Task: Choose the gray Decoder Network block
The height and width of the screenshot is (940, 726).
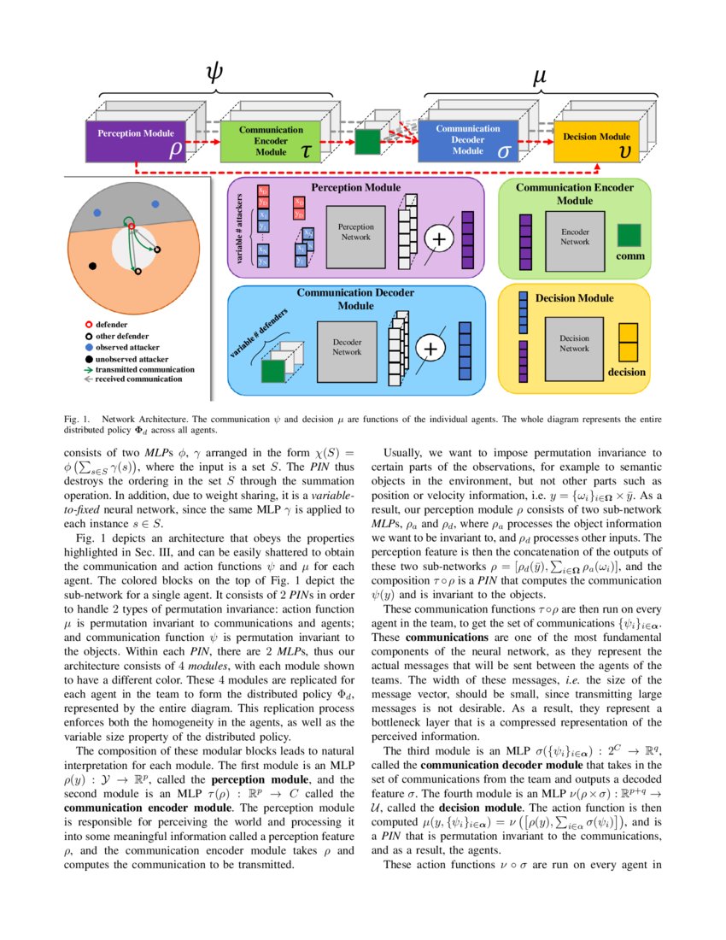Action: pyautogui.click(x=347, y=346)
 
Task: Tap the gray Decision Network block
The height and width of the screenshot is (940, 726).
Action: pyautogui.click(x=574, y=343)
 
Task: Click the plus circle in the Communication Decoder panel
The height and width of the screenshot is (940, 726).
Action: pyautogui.click(x=430, y=349)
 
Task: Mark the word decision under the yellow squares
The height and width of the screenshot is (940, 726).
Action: pyautogui.click(x=626, y=373)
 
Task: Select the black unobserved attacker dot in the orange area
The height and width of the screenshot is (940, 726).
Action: pyautogui.click(x=92, y=267)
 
